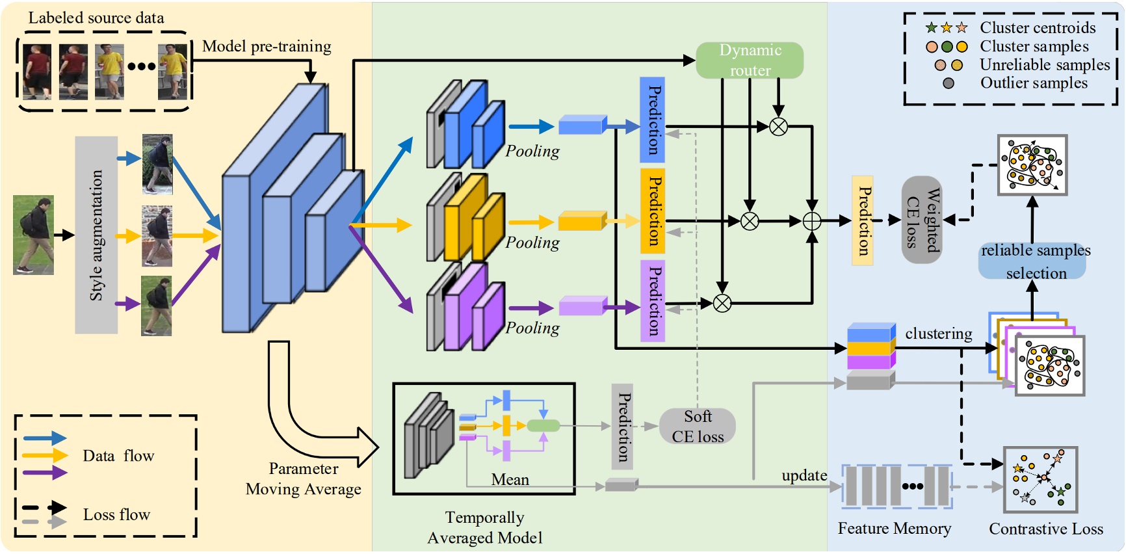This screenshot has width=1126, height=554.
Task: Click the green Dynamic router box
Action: click(x=750, y=60)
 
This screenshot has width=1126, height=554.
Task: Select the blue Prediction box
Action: click(x=652, y=120)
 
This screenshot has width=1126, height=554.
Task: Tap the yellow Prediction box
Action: click(x=652, y=211)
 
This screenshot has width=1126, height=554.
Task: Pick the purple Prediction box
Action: click(x=652, y=300)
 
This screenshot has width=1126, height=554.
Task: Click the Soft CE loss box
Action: click(x=698, y=427)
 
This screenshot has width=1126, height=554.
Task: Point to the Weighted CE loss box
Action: click(x=921, y=220)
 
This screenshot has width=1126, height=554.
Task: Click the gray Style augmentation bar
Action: click(x=96, y=235)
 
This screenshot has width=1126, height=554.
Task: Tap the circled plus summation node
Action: click(x=812, y=222)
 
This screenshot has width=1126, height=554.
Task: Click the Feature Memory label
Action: click(x=894, y=529)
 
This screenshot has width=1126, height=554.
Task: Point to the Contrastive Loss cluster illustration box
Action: click(x=1040, y=479)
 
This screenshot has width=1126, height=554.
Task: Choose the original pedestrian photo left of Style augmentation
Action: click(x=33, y=235)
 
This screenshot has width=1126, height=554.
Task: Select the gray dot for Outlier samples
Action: click(x=949, y=83)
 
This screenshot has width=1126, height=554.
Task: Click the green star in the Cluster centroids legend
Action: click(x=932, y=28)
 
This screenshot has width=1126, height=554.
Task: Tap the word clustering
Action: click(x=938, y=334)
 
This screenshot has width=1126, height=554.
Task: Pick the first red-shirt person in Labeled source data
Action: click(x=37, y=71)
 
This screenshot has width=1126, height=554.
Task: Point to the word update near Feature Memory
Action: click(x=804, y=475)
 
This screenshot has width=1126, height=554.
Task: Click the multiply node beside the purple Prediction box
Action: click(x=722, y=303)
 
